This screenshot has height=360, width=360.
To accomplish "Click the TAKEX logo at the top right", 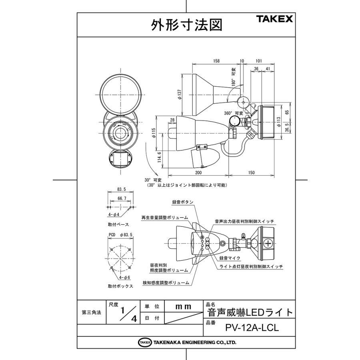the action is pos(274,19).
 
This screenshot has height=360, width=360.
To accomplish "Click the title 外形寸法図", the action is pos(186,25).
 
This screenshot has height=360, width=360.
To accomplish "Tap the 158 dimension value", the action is pos(216,61).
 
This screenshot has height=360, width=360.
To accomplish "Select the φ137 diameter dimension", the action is pos(180,94).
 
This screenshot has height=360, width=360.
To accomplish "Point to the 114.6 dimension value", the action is pos(159,157).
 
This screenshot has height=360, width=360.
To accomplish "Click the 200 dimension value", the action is pos(198,172).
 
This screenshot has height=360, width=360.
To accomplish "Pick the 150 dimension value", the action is pos(252,172).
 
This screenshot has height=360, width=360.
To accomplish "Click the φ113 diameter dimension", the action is pos(278,122).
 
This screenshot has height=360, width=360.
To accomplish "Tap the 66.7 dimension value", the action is pos(122,198).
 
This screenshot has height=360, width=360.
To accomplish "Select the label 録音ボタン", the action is pos(183,202).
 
